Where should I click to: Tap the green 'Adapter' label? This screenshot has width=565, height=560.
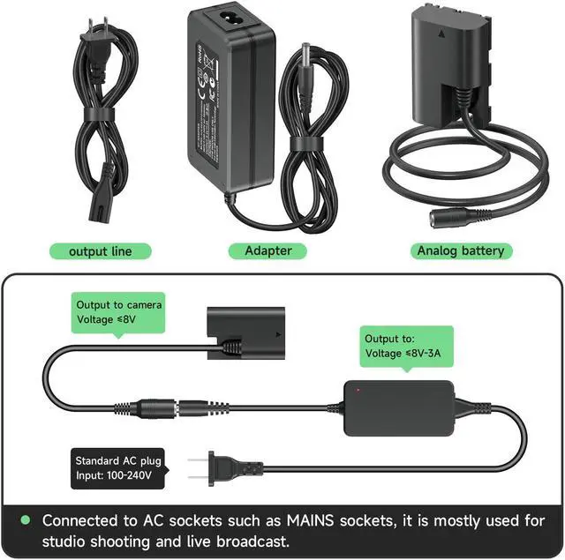268,250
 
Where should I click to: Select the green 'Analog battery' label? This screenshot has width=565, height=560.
460,250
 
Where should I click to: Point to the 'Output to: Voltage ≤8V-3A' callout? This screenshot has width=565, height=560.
407,345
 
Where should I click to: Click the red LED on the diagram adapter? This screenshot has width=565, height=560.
358,389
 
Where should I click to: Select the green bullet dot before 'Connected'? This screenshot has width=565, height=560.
26,520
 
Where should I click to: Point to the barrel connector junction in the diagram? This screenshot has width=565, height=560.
173,408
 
